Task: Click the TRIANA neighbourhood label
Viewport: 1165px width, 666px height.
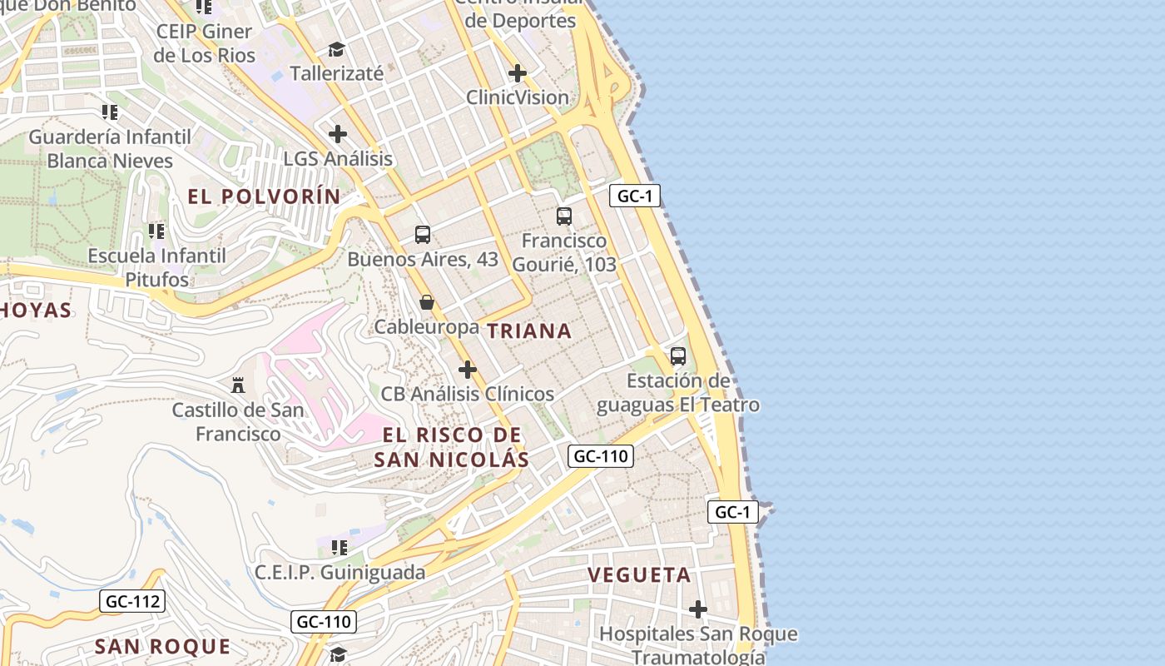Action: (529, 331)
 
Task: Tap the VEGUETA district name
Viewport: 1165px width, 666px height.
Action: (639, 575)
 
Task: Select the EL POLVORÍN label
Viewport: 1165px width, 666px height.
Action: (264, 197)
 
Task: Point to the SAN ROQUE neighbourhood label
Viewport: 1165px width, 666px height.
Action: (162, 647)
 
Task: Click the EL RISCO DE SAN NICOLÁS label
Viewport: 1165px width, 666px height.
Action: (451, 447)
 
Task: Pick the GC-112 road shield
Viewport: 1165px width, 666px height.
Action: (132, 601)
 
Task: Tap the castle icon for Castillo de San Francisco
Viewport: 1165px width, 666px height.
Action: (238, 385)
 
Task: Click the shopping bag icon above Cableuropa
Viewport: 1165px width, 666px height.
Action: (427, 302)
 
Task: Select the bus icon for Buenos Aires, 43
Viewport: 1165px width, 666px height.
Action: (423, 235)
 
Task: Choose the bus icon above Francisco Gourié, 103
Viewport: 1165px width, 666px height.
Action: (564, 216)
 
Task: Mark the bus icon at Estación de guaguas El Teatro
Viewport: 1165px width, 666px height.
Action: (678, 356)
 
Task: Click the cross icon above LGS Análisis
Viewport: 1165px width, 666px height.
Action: (338, 134)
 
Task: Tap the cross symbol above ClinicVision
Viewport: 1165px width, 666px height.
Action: (518, 73)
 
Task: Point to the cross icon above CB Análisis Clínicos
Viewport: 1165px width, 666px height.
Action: (468, 370)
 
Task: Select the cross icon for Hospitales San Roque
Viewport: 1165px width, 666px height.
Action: (698, 610)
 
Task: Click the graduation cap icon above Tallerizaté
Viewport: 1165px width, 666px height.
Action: (336, 50)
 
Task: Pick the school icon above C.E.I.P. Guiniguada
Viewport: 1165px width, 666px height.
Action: (340, 548)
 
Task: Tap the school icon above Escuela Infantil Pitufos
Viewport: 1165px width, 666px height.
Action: (156, 231)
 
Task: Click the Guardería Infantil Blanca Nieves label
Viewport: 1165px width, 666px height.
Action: (110, 148)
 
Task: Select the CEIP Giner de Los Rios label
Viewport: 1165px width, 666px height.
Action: (204, 43)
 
